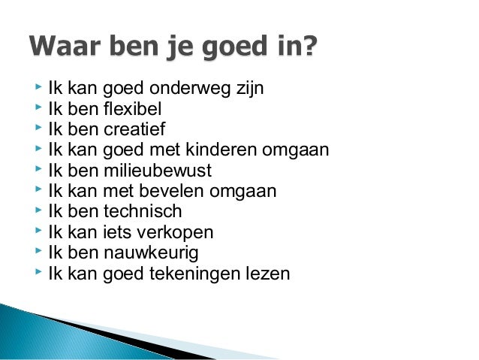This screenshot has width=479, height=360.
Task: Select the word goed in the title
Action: click(228, 48)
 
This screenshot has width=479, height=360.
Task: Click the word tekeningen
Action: click(193, 273)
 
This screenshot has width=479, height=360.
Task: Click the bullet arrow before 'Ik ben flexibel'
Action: click(38, 110)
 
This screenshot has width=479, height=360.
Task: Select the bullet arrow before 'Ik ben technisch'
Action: click(38, 211)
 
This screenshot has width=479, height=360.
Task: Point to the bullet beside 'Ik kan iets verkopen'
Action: click(38, 231)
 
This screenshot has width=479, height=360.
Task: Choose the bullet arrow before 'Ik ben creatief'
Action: click(38, 130)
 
